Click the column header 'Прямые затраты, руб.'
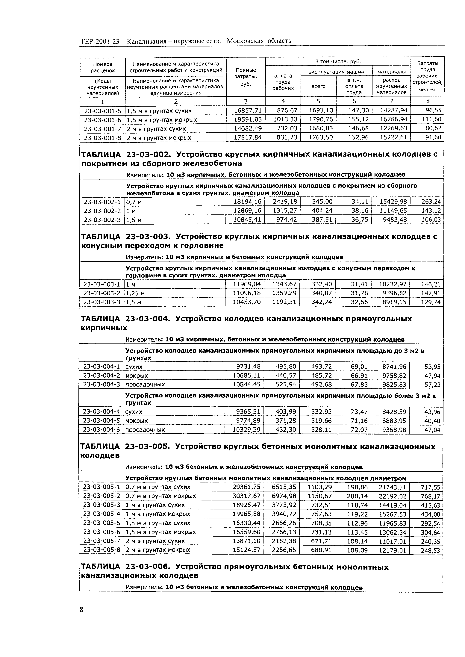click(246, 77)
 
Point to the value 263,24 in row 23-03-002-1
click(431, 202)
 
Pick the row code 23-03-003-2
click(102, 293)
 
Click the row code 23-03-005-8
click(101, 550)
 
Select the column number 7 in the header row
click(391, 101)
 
